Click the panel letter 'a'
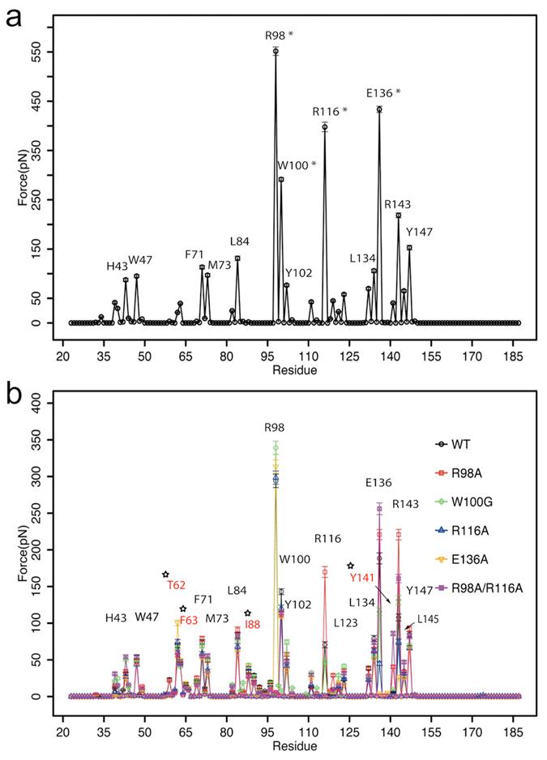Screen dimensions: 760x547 tap(14, 17)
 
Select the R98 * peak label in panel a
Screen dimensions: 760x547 tap(280, 36)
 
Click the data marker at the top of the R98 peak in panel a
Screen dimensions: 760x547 tap(276, 51)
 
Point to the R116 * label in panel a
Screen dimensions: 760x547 tap(330, 110)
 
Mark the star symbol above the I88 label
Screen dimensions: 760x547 tap(247, 613)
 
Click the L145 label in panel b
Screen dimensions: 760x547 tap(427, 619)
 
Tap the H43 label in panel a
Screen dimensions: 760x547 tap(117, 267)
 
